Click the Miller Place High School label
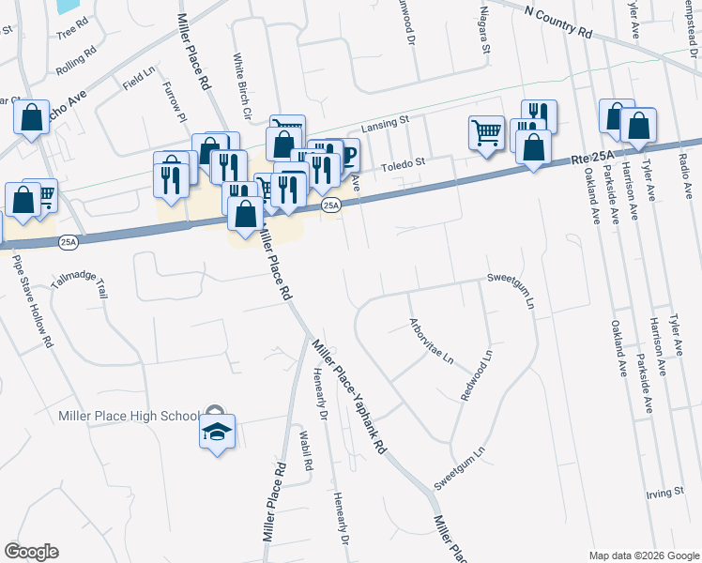130,417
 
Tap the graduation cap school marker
217,433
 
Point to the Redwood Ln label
476,377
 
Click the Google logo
31,552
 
